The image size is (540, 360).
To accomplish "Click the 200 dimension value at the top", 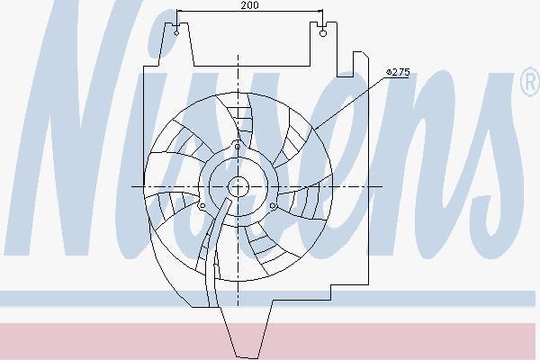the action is (x=250, y=5).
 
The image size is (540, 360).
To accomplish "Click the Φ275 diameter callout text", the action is (x=398, y=72).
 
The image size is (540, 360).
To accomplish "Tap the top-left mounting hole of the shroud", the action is (x=176, y=33).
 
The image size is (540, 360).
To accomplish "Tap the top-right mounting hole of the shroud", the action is (x=323, y=33).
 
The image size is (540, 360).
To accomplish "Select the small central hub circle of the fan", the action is (x=238, y=186).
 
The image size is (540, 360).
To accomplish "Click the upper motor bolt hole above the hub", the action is (x=238, y=147).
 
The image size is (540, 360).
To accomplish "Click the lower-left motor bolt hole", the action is (x=202, y=206).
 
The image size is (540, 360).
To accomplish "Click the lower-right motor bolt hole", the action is (x=273, y=206).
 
